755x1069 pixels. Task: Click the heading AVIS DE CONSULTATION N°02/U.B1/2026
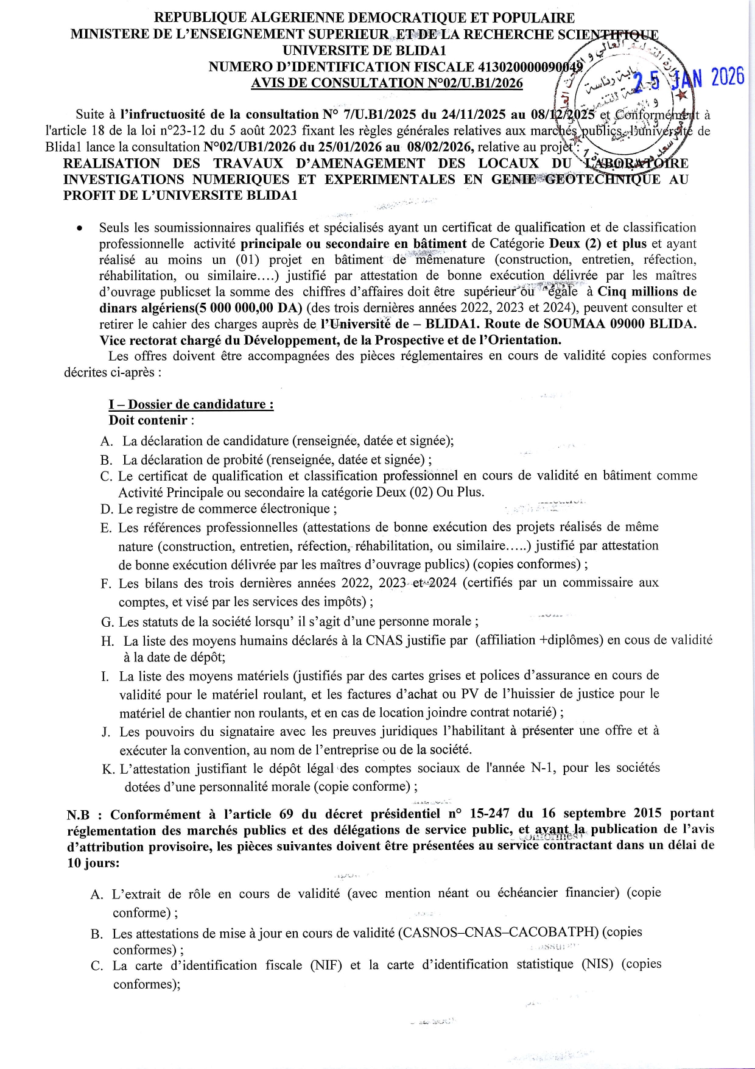click(387, 83)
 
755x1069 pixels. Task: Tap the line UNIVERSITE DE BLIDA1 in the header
click(365, 51)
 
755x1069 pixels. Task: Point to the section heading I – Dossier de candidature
click(191, 404)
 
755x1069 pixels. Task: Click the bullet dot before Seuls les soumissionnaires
click(79, 229)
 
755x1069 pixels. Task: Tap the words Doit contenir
click(148, 420)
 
